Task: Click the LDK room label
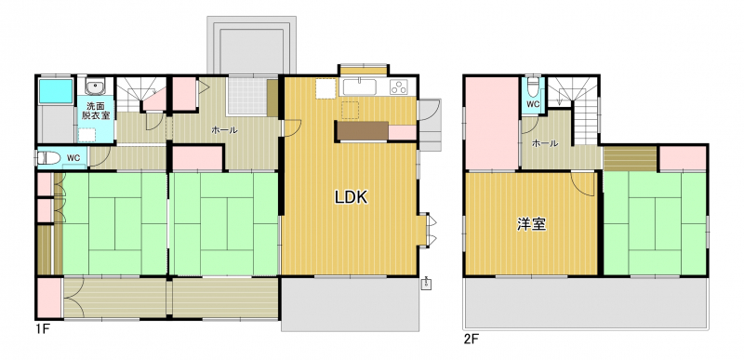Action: pos(352,197)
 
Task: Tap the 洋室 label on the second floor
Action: pos(531,224)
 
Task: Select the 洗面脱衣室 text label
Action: pos(97,110)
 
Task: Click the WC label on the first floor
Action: pos(73,157)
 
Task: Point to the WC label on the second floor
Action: pos(533,104)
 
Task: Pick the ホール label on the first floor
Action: pos(224,130)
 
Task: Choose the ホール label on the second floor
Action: pos(545,143)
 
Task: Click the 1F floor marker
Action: pos(42,328)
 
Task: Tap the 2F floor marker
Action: pos(472,340)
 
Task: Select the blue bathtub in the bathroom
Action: pos(56,91)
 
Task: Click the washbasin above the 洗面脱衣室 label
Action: pos(97,87)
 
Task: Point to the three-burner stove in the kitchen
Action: pos(398,87)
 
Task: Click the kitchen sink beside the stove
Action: pos(360,87)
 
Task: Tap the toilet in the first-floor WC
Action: pos(48,157)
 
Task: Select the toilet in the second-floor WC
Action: pos(533,88)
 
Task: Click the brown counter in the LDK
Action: pos(363,130)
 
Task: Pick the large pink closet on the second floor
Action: pos(492,123)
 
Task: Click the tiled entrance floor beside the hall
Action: pos(246,97)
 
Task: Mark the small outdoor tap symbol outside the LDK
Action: pos(426,283)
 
